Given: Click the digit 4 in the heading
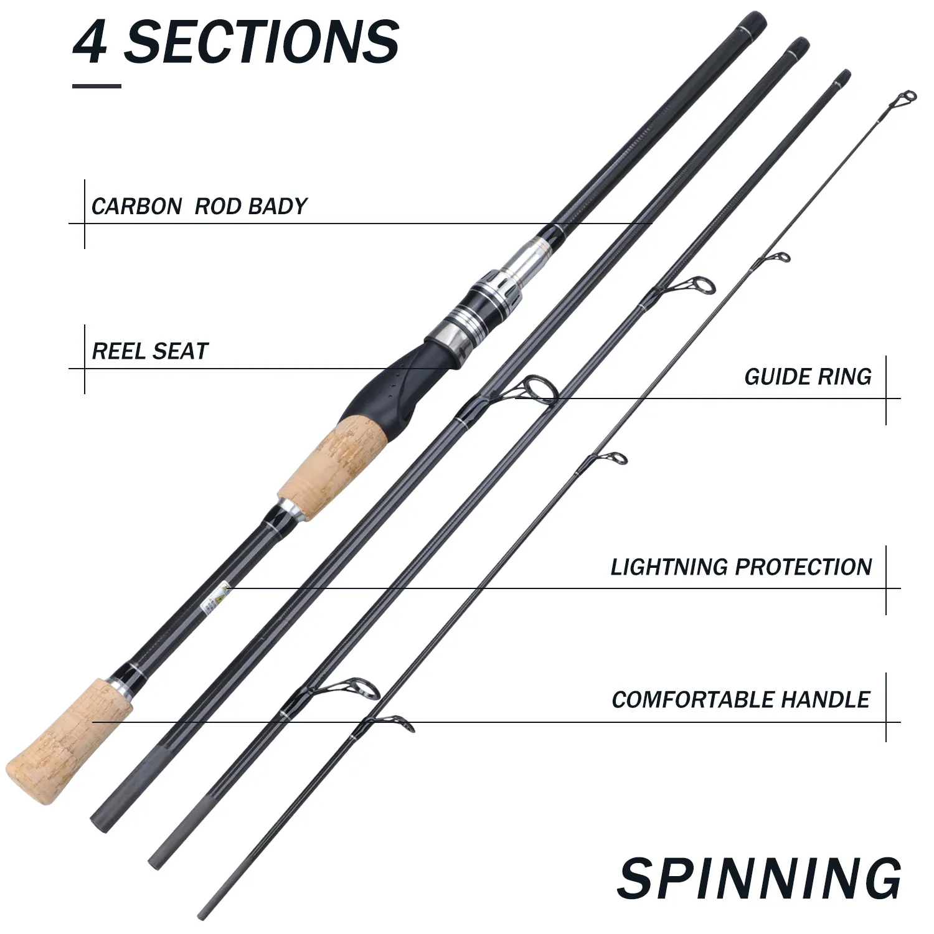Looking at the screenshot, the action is click(91, 42).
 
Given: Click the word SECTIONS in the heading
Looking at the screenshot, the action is click(262, 42).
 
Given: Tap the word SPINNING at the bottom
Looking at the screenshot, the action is click(760, 878).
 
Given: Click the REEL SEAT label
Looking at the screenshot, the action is click(150, 351).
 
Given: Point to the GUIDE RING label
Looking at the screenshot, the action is click(808, 377).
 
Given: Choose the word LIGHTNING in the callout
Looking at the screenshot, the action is click(669, 567).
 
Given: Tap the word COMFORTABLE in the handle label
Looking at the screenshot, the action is click(693, 700).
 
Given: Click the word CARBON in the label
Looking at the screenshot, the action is click(136, 206).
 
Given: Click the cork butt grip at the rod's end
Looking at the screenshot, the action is click(70, 741).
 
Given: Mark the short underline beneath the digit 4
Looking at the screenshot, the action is click(97, 86).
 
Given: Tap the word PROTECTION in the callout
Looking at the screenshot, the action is click(803, 567).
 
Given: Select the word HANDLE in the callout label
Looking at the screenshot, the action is click(826, 700).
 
